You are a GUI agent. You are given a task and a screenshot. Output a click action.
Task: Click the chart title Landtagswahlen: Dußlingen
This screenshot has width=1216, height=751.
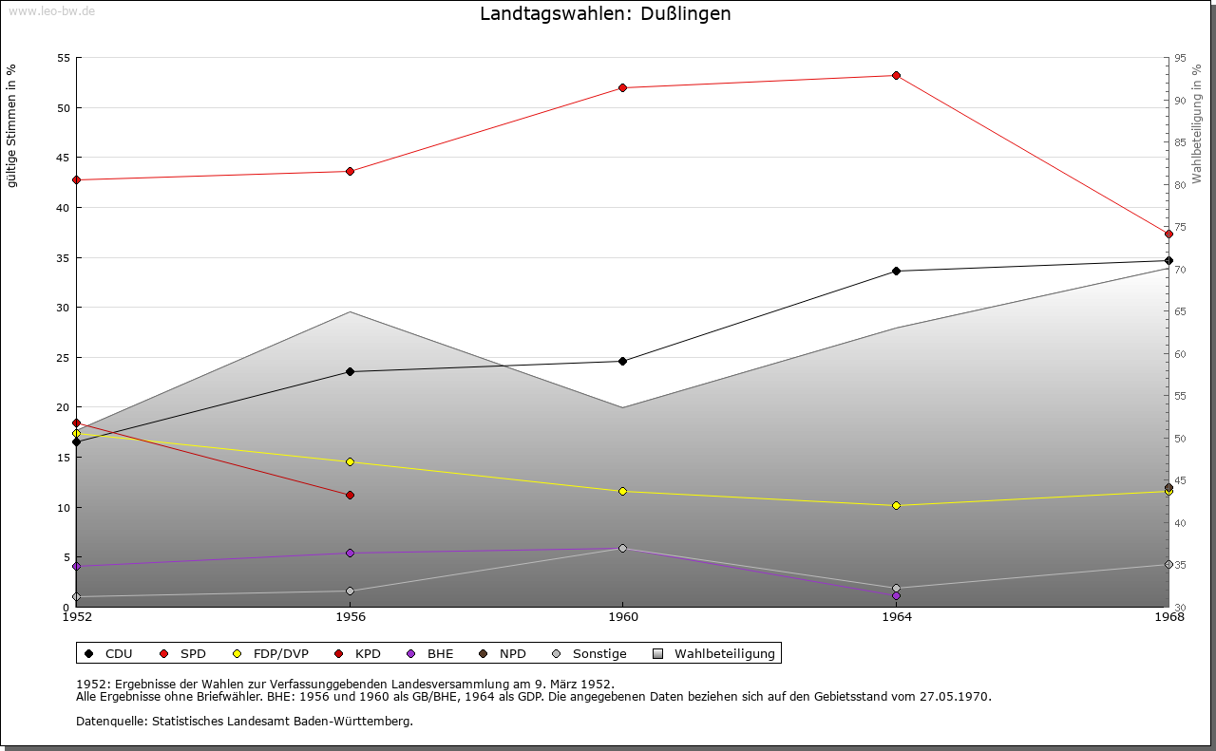605,14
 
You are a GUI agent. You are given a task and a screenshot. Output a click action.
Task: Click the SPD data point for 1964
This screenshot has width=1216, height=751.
896,76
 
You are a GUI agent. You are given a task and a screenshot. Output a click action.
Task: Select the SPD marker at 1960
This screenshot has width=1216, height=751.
622,88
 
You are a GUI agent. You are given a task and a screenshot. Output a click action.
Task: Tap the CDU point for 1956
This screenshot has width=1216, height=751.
350,372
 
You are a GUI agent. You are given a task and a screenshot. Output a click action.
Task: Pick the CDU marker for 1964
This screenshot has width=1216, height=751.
896,272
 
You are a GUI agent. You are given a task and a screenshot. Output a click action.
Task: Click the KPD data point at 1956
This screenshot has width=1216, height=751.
350,496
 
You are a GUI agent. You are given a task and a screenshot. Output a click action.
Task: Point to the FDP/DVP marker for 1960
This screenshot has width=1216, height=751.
622,492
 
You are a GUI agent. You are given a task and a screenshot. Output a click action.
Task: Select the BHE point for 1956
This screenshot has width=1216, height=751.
350,554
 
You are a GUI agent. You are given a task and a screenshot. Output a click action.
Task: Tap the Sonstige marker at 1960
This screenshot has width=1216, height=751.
622,549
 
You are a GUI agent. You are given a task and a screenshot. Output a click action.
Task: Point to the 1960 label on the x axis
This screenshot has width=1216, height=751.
622,617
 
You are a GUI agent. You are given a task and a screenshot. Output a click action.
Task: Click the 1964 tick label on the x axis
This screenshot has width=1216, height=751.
896,617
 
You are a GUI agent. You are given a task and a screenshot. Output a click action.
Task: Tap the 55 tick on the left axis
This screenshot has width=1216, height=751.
64,58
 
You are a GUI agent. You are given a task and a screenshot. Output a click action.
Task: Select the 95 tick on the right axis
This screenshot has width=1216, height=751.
1180,58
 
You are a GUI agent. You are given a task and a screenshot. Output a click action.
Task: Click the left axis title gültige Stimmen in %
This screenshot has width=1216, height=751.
12,125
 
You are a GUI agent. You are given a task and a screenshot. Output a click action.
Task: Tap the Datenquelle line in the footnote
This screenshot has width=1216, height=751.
244,722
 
